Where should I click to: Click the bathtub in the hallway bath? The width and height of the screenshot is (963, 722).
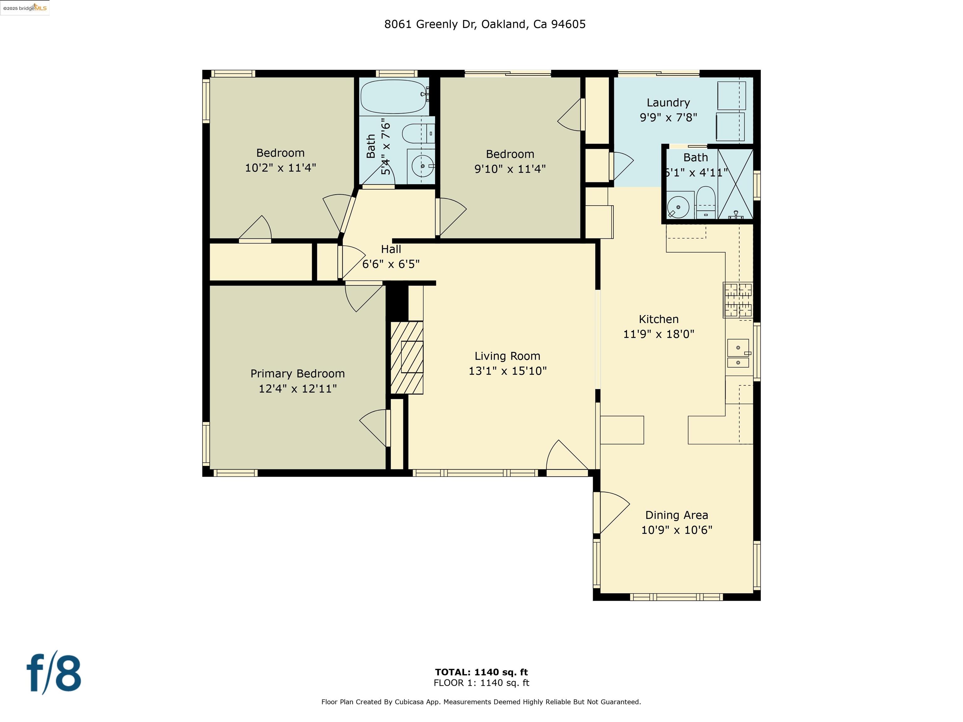[x=393, y=97]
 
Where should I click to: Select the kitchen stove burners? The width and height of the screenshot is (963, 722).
[x=738, y=300]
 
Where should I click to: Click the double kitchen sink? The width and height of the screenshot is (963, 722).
[x=738, y=354]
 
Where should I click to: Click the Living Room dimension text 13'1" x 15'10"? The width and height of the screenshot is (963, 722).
[x=507, y=371]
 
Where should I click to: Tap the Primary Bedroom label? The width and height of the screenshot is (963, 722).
[x=297, y=374]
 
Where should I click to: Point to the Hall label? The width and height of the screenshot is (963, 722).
[x=391, y=249]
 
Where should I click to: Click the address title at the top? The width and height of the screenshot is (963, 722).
[x=485, y=24]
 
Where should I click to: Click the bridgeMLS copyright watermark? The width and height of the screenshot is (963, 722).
[x=25, y=8]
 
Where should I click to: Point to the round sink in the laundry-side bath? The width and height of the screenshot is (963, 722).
[x=678, y=207]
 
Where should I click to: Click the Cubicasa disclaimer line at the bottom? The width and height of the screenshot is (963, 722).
[x=481, y=702]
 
